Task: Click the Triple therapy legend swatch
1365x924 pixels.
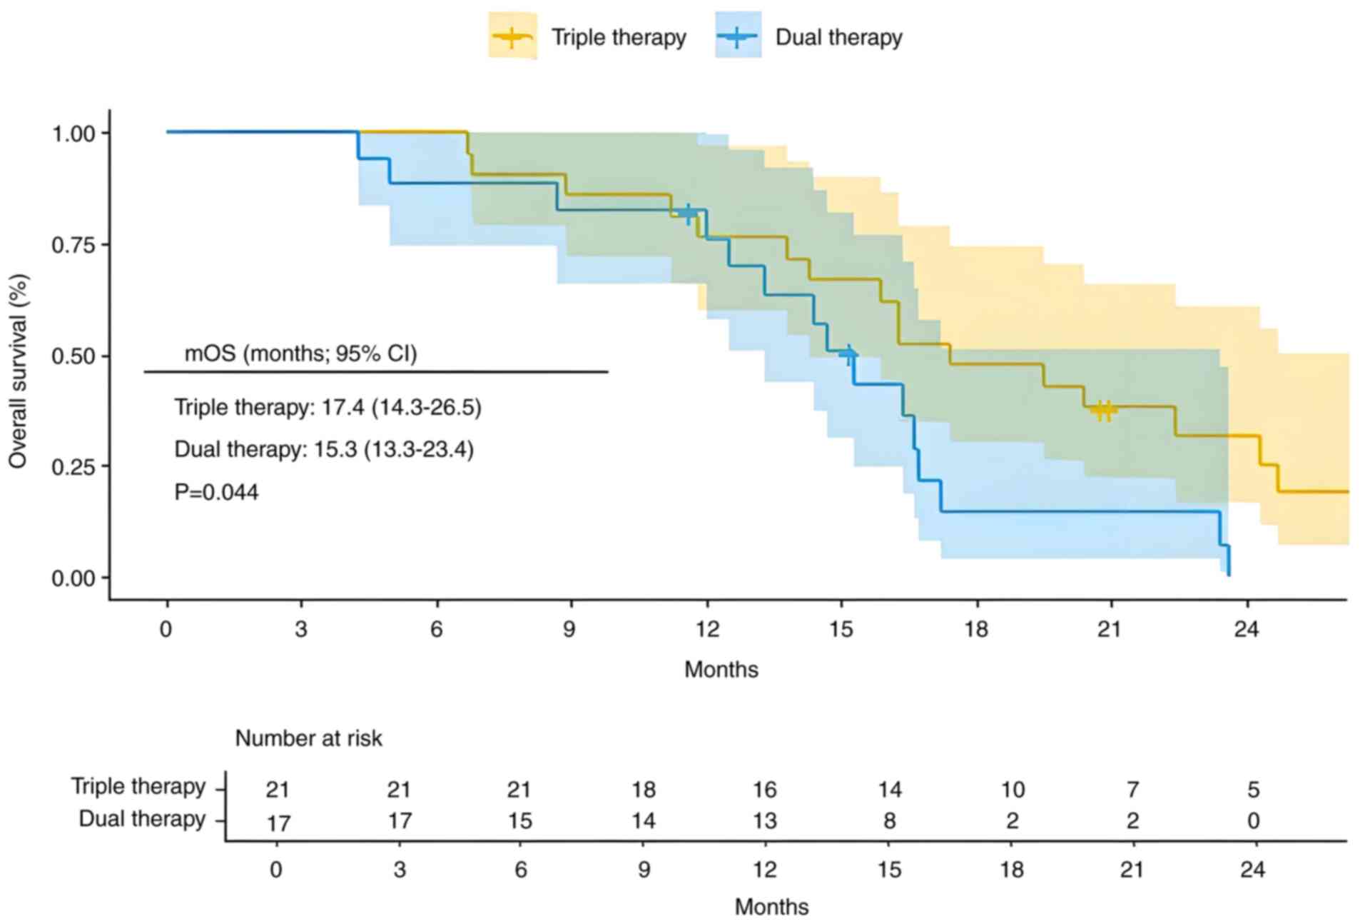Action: coord(512,36)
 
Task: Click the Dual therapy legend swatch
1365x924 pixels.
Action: coord(738,36)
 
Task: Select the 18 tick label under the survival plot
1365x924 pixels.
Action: coord(975,629)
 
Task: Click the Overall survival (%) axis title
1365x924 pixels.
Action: coord(18,371)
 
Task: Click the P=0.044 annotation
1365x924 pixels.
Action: coord(216,492)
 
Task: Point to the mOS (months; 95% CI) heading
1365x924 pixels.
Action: coord(300,353)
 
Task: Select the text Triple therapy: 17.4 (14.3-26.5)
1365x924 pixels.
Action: coord(328,407)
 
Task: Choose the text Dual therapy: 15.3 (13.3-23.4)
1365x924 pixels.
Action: coord(324,450)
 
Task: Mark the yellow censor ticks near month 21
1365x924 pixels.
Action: coord(1104,410)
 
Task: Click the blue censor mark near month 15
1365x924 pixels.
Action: coord(848,354)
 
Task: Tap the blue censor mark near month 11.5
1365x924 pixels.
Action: coord(688,213)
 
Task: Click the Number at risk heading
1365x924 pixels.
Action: coord(308,738)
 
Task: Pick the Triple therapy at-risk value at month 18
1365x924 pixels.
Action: coord(1012,790)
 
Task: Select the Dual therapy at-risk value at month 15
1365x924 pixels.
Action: coord(889,821)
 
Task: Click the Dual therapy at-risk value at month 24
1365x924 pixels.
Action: coord(1253,821)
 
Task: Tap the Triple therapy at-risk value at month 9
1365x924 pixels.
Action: coord(643,790)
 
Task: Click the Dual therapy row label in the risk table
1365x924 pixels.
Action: coord(141,819)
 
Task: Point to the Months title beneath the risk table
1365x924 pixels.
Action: coord(771,907)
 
